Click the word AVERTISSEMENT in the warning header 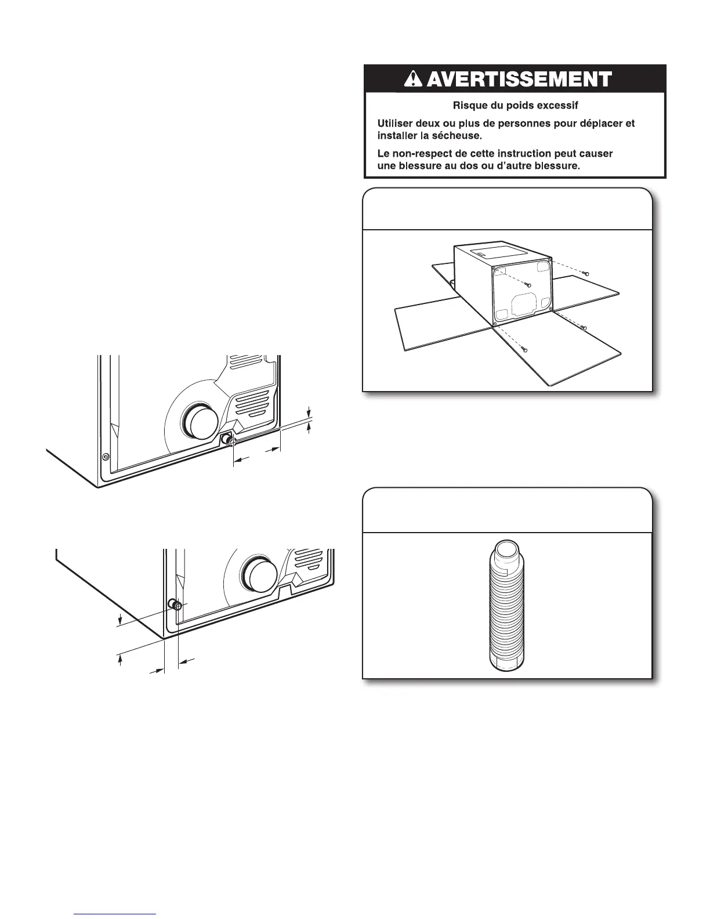523,79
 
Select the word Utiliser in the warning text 394,124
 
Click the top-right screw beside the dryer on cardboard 587,273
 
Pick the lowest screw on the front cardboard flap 524,349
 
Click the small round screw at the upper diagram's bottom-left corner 105,457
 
